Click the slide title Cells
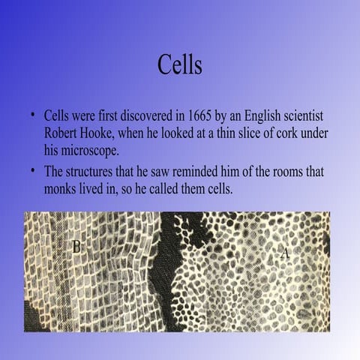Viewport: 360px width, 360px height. [180, 64]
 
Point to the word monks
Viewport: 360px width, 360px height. [61, 187]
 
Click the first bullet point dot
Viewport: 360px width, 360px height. [34, 116]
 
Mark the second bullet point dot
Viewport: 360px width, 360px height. [34, 169]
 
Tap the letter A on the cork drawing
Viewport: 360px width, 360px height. [285, 253]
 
